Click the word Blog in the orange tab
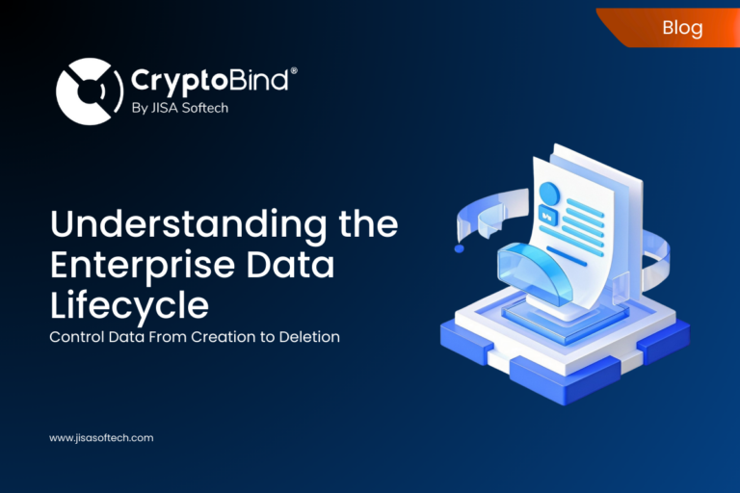[682, 27]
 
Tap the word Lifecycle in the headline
[129, 305]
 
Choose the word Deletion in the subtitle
[310, 337]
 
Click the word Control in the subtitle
[77, 337]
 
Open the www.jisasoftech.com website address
[101, 437]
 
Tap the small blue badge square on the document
[549, 217]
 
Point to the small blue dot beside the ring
[459, 248]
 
